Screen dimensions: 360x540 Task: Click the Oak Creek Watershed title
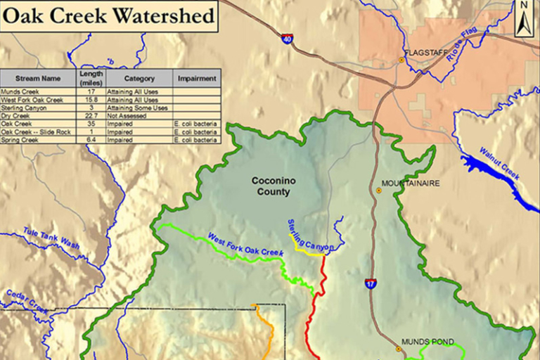[108, 15]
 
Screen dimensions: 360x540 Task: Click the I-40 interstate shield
[286, 39]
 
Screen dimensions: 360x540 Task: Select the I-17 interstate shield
[371, 283]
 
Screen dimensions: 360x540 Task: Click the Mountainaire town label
[411, 184]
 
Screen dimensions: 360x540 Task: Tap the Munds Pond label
[425, 342]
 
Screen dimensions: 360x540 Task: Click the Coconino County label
[274, 186]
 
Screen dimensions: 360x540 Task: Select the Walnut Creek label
[500, 163]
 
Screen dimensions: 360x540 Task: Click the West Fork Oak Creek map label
[245, 244]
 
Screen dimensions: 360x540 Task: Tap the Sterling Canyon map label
[309, 236]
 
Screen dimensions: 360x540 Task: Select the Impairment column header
[195, 78]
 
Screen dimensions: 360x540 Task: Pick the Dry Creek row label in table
[15, 115]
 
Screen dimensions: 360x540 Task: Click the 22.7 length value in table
[91, 115]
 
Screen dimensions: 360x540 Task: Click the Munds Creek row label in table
[20, 91]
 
